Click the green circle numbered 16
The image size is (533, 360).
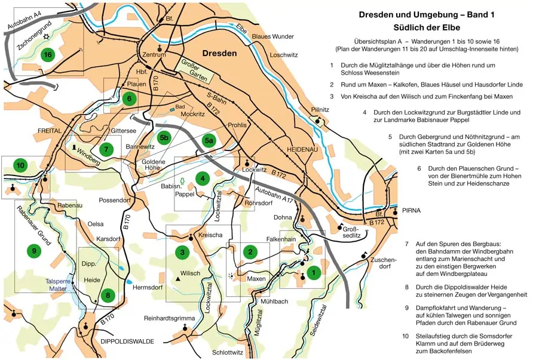click(48, 55)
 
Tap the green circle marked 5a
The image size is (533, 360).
click(209, 141)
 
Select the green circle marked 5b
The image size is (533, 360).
click(165, 138)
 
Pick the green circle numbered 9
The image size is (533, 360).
click(34, 251)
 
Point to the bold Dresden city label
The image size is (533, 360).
click(220, 53)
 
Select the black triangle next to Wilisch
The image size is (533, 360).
click(178, 279)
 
